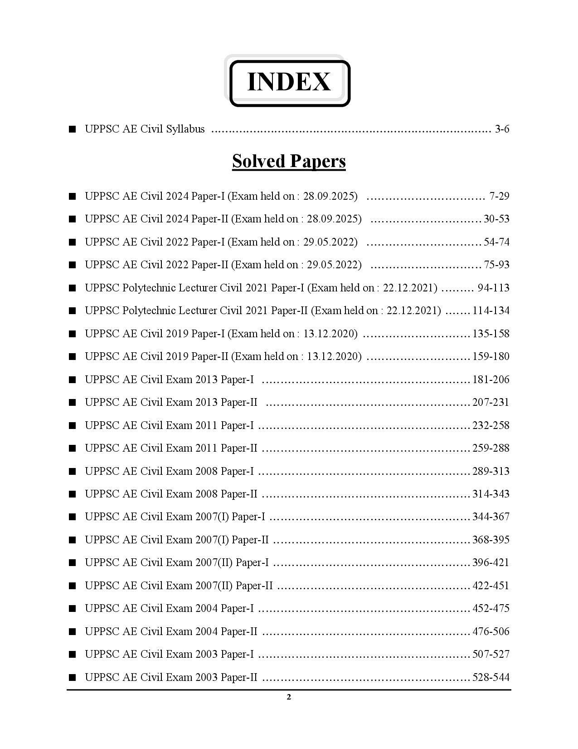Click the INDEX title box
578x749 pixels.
click(x=289, y=83)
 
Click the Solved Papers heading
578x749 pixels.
click(x=289, y=161)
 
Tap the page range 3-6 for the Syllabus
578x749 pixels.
click(x=502, y=129)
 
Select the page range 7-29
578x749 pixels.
click(x=499, y=196)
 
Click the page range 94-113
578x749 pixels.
click(x=493, y=288)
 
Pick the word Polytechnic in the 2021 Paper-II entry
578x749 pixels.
click(x=149, y=310)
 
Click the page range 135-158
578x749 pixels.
click(x=491, y=334)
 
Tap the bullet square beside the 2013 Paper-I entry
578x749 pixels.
click(x=72, y=379)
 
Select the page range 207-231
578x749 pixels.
click(x=491, y=402)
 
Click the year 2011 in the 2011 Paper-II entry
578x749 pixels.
click(x=206, y=448)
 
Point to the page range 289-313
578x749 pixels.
click(x=491, y=471)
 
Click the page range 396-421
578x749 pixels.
click(x=491, y=562)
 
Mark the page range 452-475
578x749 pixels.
click(x=491, y=608)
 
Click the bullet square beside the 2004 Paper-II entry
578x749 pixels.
click(x=72, y=631)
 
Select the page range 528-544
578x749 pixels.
click(x=491, y=677)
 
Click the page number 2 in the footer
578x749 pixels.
click(x=289, y=697)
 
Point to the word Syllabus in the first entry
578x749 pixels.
click(x=185, y=129)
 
